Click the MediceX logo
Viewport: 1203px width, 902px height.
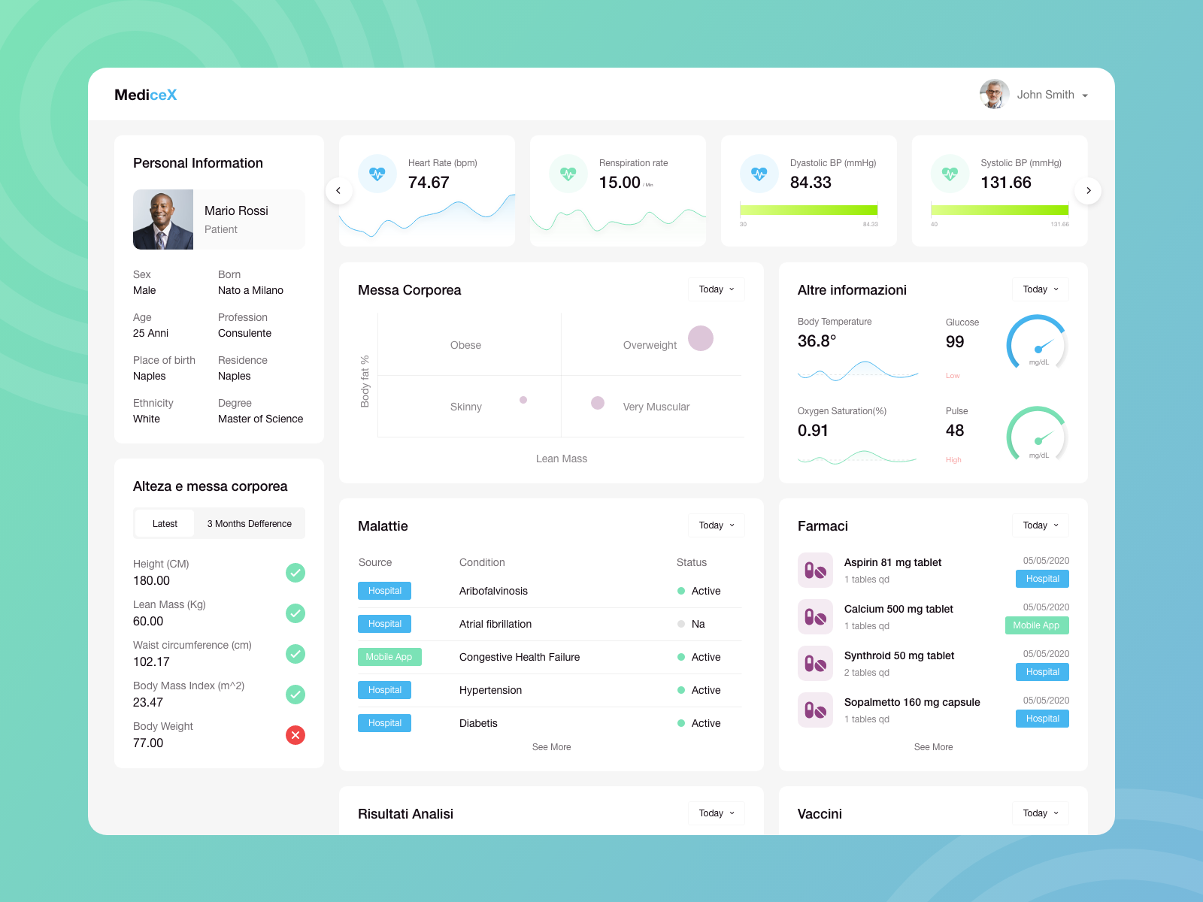point(145,95)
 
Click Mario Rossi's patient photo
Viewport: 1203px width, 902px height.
point(163,219)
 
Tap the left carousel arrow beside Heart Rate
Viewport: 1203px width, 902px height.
point(338,191)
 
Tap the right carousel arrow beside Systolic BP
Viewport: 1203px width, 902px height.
point(1088,191)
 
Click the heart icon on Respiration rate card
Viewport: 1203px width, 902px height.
point(568,174)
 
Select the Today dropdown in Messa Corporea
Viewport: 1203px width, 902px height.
point(716,289)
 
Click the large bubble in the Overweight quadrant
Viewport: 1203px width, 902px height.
point(700,338)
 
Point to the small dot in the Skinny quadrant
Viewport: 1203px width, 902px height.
point(523,400)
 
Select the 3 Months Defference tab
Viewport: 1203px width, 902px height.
point(249,524)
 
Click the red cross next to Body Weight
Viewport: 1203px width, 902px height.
point(295,735)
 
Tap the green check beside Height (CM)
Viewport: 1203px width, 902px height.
point(295,573)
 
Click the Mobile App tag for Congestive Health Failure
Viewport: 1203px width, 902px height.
point(389,657)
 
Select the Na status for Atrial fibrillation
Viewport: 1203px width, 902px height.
point(697,624)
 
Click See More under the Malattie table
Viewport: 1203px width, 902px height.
point(551,747)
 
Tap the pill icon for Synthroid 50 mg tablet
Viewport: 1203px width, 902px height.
point(815,663)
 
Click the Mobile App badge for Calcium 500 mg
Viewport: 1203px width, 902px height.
point(1036,625)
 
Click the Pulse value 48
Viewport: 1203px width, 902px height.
point(955,431)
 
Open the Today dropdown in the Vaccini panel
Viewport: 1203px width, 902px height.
point(1040,813)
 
